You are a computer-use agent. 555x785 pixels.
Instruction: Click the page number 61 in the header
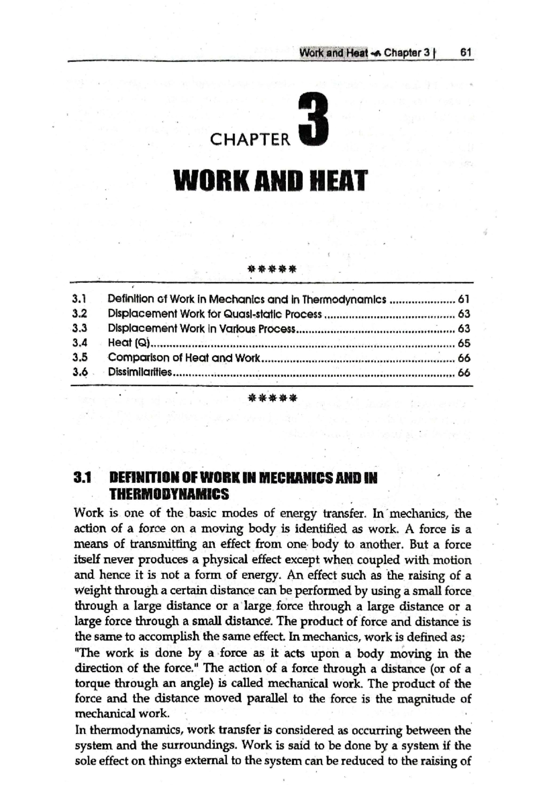pos(465,53)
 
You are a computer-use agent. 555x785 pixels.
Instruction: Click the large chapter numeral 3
pos(314,119)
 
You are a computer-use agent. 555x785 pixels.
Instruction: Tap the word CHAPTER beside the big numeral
pos(250,139)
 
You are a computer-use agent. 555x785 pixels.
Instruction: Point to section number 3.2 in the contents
pos(80,314)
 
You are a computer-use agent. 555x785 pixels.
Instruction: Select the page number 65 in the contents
pos(463,343)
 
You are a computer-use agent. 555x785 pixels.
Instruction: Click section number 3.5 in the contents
pos(80,358)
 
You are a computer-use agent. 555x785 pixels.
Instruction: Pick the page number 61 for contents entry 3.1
pos(463,299)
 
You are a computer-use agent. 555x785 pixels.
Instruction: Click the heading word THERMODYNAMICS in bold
pos(169,494)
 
